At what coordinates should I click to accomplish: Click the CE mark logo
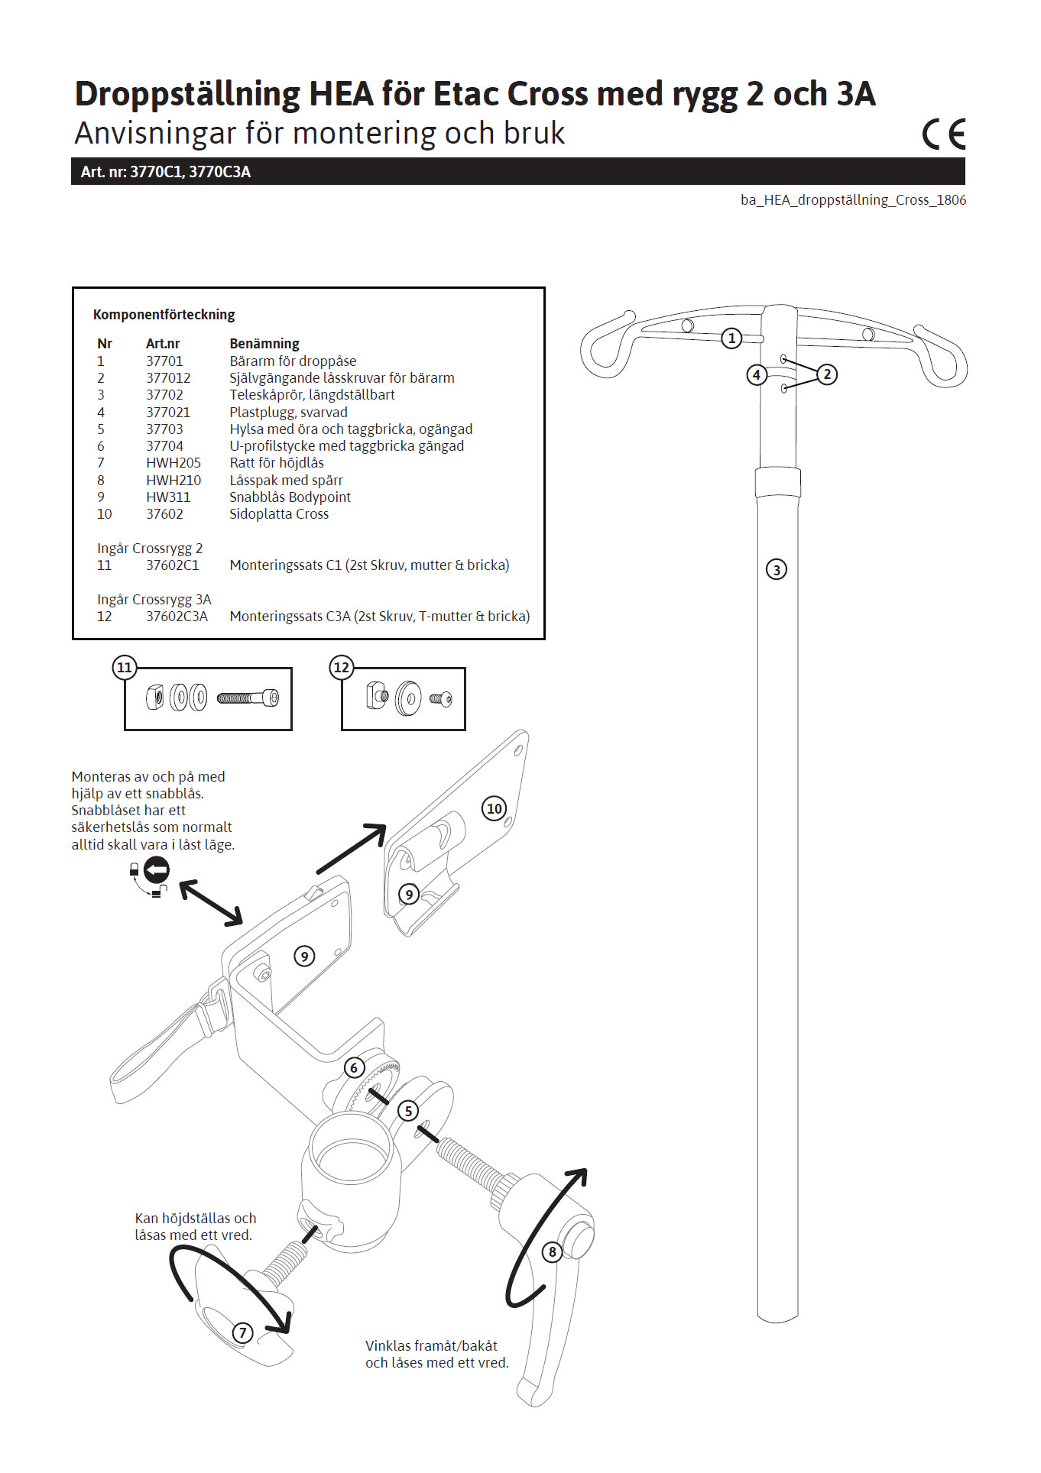[x=944, y=134]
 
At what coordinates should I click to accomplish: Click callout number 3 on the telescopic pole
[x=776, y=569]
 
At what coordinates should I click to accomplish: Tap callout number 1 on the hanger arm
[x=731, y=338]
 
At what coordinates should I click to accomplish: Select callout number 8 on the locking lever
[x=552, y=1251]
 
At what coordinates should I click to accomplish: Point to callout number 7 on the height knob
[x=242, y=1332]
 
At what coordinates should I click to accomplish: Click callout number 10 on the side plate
[x=495, y=808]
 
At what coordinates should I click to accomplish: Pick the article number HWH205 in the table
[x=173, y=463]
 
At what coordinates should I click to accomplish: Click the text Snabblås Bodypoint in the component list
[x=290, y=497]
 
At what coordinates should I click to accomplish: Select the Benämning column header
[x=264, y=344]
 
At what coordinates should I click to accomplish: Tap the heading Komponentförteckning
[x=164, y=315]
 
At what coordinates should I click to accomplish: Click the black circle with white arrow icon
[x=157, y=869]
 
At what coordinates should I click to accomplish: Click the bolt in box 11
[x=248, y=698]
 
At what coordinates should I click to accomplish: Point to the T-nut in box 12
[x=377, y=696]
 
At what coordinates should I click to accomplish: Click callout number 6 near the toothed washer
[x=354, y=1067]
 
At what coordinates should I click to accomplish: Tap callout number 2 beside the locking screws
[x=826, y=374]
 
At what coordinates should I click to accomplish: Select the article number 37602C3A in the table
[x=177, y=617]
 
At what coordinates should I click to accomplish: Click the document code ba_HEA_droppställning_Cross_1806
[x=853, y=200]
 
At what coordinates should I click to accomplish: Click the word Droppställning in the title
[x=187, y=95]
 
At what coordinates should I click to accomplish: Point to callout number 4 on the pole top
[x=756, y=374]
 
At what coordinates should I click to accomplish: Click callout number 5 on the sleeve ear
[x=408, y=1110]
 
